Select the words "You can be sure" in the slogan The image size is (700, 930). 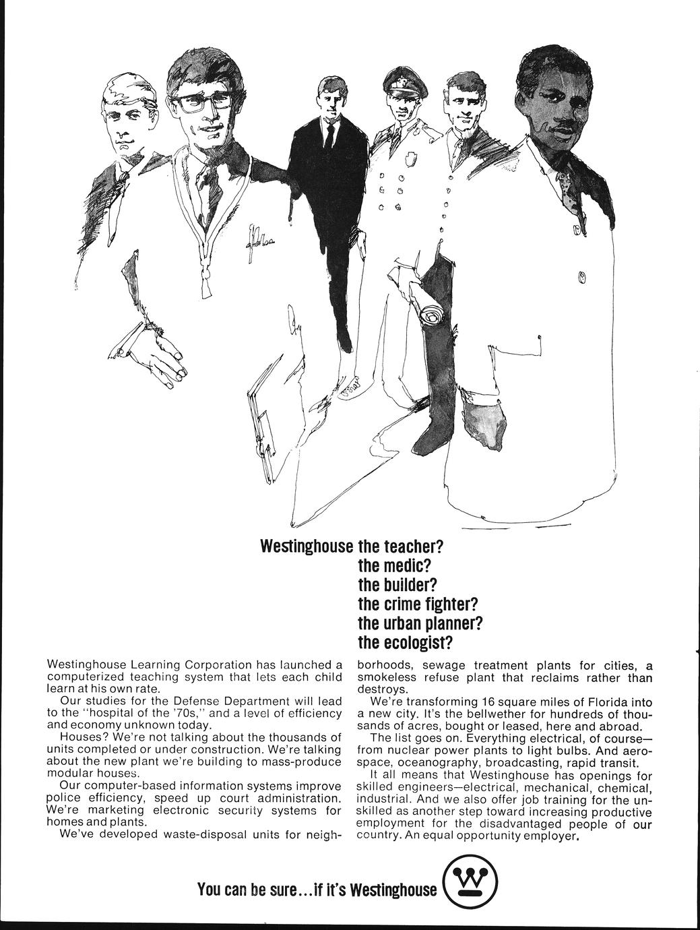tap(245, 890)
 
